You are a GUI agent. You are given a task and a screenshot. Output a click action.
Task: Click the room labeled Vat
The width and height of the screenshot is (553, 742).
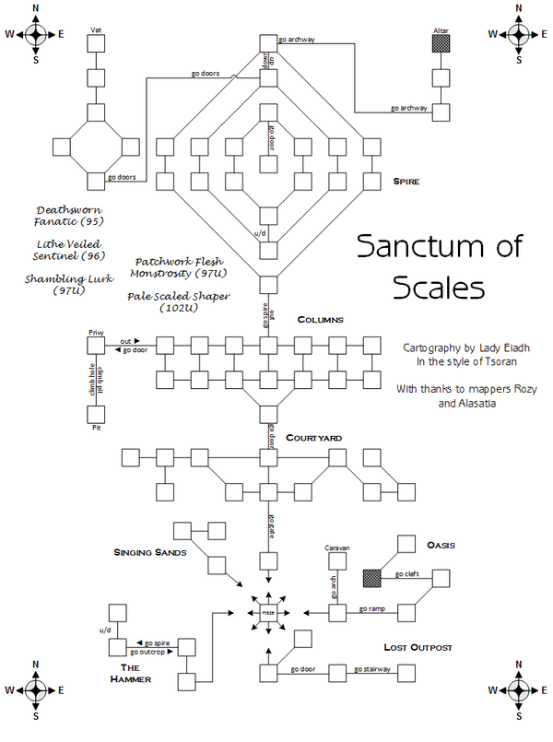95,44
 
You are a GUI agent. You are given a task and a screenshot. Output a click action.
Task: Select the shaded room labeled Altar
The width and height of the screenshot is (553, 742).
441,44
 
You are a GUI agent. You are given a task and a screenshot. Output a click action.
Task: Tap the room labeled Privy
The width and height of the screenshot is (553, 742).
95,345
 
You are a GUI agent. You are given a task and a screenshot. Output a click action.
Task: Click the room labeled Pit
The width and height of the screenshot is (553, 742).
95,415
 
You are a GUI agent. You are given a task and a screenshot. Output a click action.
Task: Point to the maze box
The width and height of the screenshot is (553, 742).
268,612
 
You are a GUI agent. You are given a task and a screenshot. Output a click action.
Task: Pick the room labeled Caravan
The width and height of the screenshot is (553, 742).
337,560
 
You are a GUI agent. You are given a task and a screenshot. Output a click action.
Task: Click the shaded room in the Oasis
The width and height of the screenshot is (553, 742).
372,578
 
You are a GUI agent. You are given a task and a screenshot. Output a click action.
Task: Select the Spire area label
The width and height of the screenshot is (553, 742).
406,183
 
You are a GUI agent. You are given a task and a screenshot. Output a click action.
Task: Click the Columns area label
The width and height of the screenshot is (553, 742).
320,320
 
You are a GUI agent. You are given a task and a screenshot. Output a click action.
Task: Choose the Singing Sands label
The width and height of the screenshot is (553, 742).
151,553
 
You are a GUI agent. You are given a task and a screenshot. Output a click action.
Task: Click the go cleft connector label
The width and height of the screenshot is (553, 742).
407,574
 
